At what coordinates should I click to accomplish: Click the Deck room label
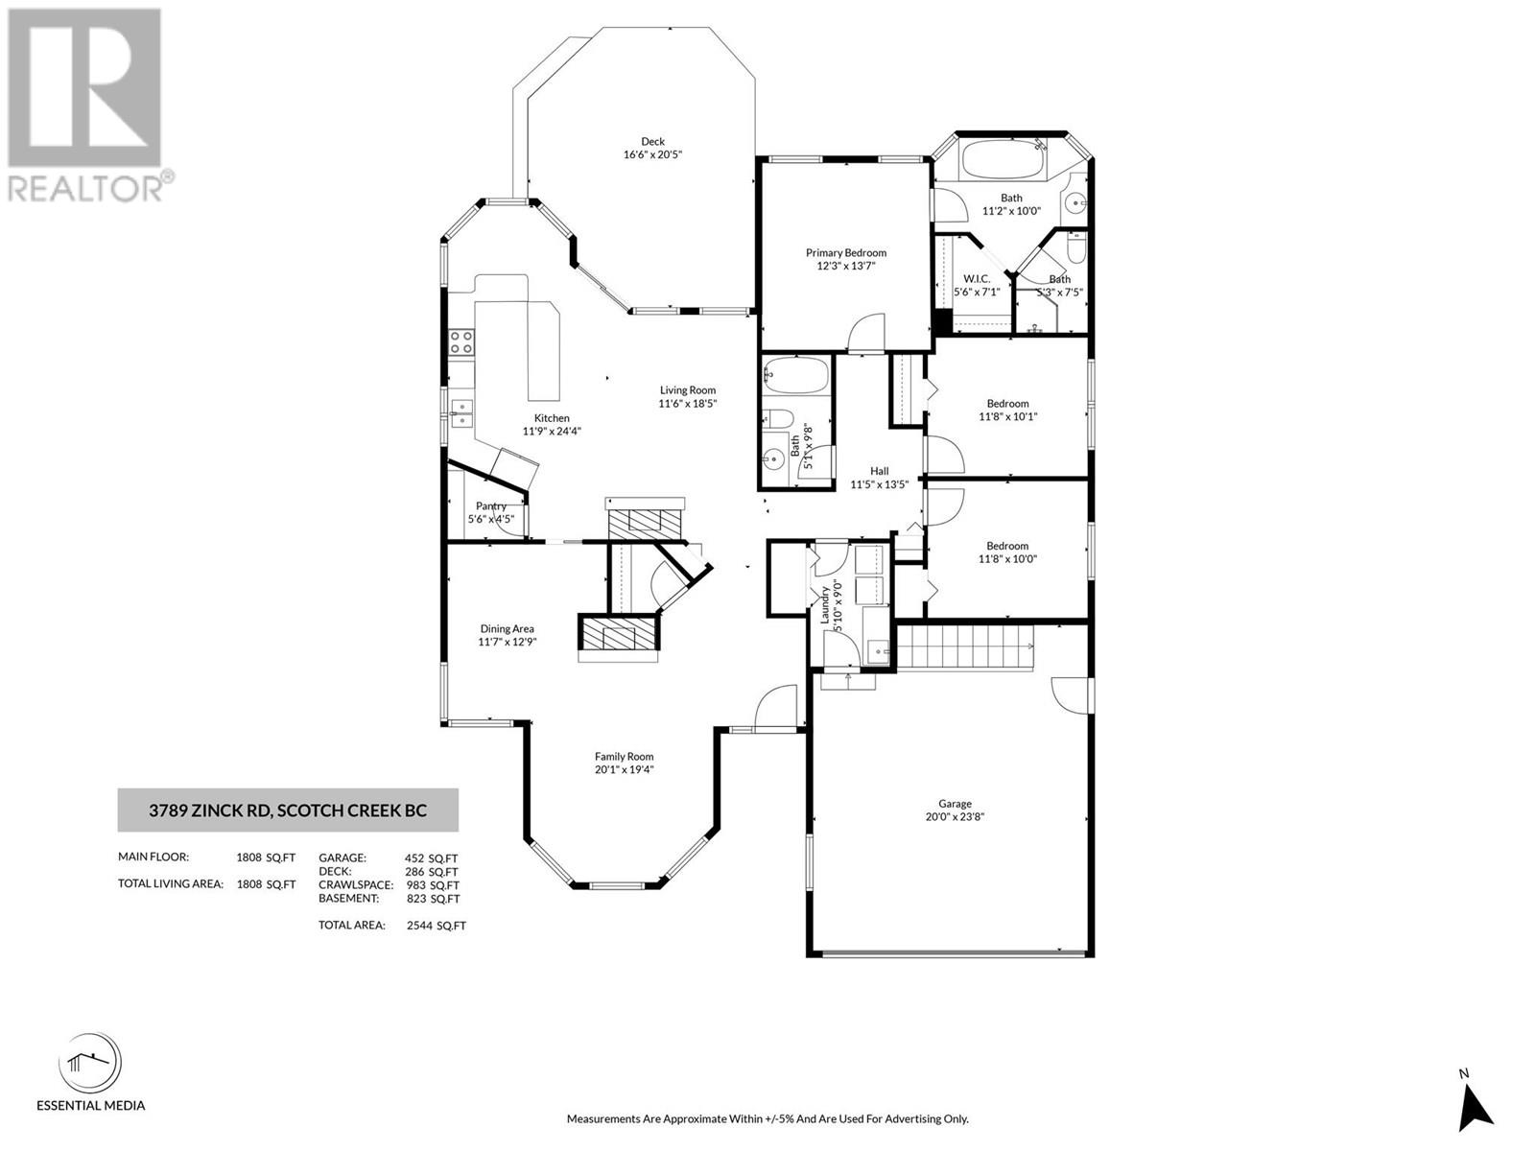pyautogui.click(x=652, y=141)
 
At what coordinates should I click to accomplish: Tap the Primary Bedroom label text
pyautogui.click(x=845, y=252)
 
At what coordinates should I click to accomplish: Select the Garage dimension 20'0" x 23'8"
pyautogui.click(x=955, y=817)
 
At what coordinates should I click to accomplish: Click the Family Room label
pyautogui.click(x=624, y=756)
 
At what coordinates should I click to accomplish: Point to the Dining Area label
pyautogui.click(x=508, y=629)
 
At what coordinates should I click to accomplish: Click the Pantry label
pyautogui.click(x=490, y=505)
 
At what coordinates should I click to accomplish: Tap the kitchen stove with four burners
pyautogui.click(x=461, y=342)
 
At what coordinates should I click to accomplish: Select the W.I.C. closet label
pyautogui.click(x=977, y=278)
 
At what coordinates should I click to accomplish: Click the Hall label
pyautogui.click(x=879, y=471)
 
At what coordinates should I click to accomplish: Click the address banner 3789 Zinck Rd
pyautogui.click(x=288, y=810)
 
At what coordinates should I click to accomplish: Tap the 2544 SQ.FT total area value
pyautogui.click(x=436, y=926)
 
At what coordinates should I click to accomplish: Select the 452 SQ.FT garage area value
pyautogui.click(x=432, y=858)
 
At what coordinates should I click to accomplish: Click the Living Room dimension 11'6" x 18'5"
pyautogui.click(x=687, y=404)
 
